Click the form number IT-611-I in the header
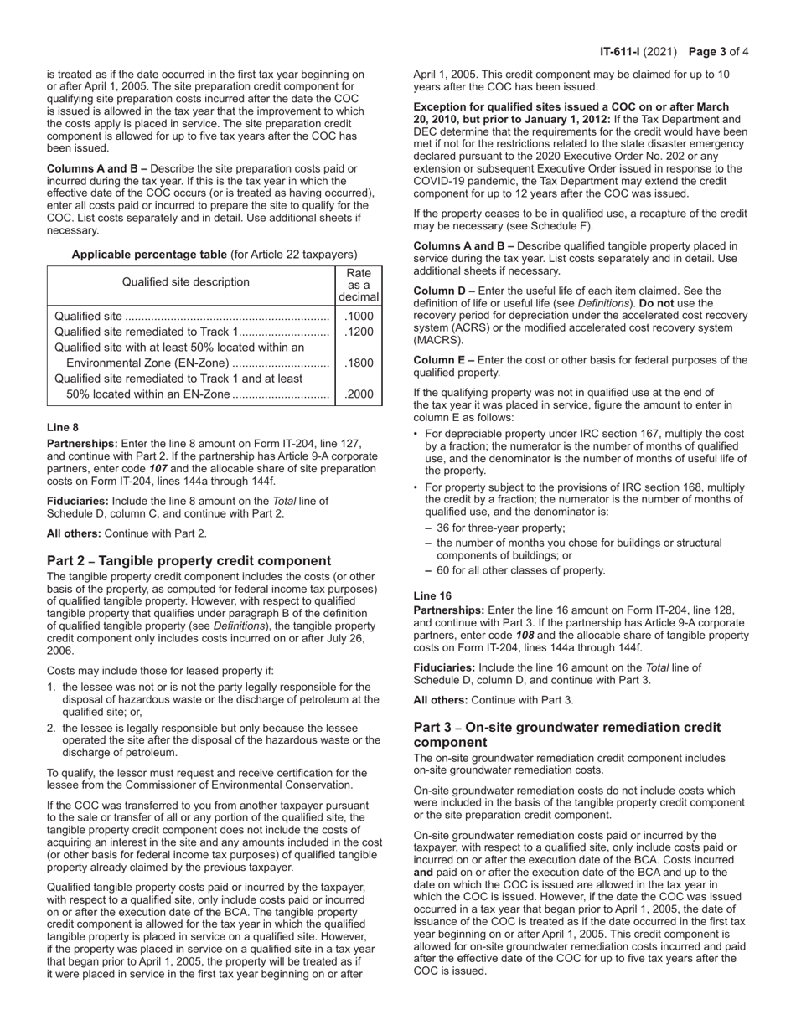point(620,52)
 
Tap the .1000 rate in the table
point(359,317)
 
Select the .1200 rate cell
point(359,332)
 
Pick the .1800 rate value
point(359,363)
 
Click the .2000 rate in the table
point(359,395)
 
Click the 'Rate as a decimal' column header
point(359,285)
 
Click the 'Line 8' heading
point(63,427)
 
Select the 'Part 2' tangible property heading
point(189,561)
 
